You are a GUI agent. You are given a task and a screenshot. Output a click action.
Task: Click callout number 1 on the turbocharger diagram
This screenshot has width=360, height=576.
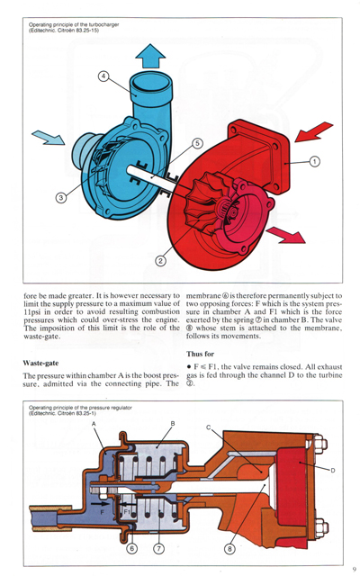[x=315, y=162]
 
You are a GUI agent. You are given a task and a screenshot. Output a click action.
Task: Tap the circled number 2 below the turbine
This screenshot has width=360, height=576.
[x=160, y=261]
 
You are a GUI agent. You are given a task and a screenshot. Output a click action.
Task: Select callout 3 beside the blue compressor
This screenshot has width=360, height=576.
[x=61, y=197]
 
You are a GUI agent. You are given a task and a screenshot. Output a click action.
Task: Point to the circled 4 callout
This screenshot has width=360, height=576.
[x=103, y=76]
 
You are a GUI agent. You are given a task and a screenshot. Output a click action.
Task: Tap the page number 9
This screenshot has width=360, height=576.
[x=355, y=568]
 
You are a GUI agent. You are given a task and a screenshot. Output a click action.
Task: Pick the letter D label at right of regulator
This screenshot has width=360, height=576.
[x=332, y=470]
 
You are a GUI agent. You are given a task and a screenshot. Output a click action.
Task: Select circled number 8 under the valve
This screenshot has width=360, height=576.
[x=229, y=547]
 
